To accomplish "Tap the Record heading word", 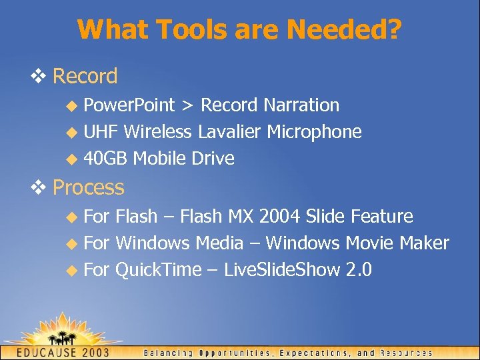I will pos(85,77).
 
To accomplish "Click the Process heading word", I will pos(88,188).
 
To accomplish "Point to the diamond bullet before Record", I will pos(43,77).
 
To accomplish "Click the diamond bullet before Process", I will pos(43,188).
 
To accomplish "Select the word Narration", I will pos(301,105).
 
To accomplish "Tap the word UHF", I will pos(101,132).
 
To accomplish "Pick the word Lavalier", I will pos(229,132).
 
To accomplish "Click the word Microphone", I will pos(314,132).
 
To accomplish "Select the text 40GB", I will pos(106,159).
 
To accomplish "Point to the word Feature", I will pos(381,217).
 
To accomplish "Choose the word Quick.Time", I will pos(158,270).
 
